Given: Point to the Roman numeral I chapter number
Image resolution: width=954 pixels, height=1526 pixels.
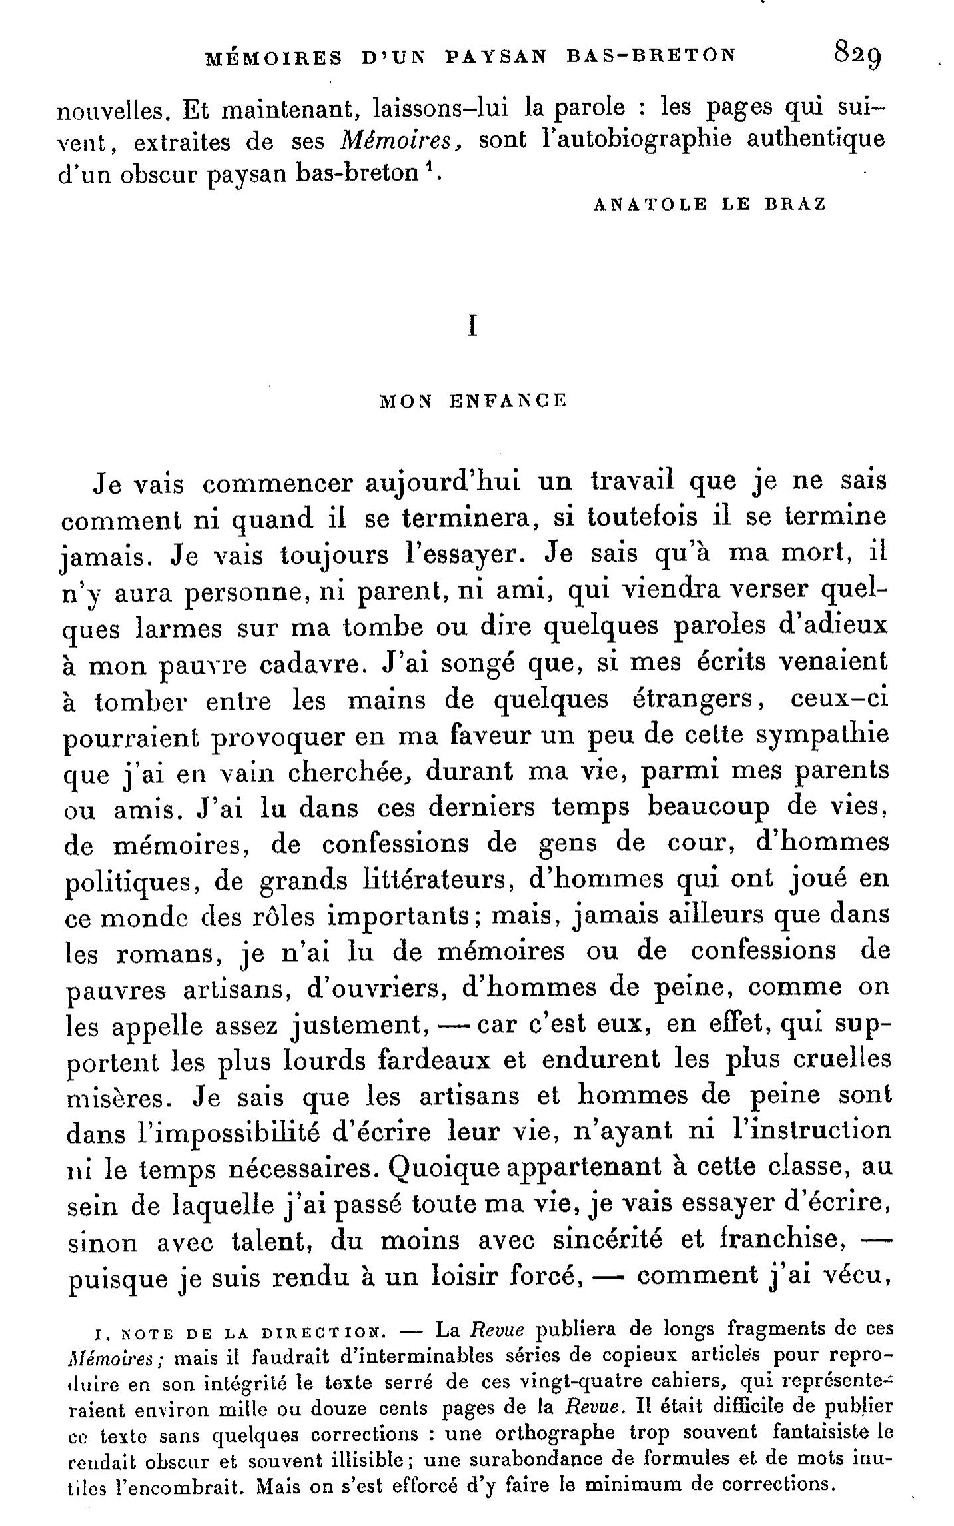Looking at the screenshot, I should (x=472, y=326).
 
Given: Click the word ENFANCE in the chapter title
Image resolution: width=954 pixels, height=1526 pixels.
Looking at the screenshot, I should (x=508, y=402).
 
